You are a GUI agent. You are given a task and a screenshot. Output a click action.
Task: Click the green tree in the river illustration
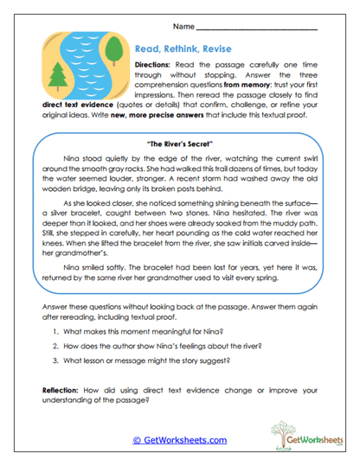click(59, 78)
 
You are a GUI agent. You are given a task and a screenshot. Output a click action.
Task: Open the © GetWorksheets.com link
click(179, 440)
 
